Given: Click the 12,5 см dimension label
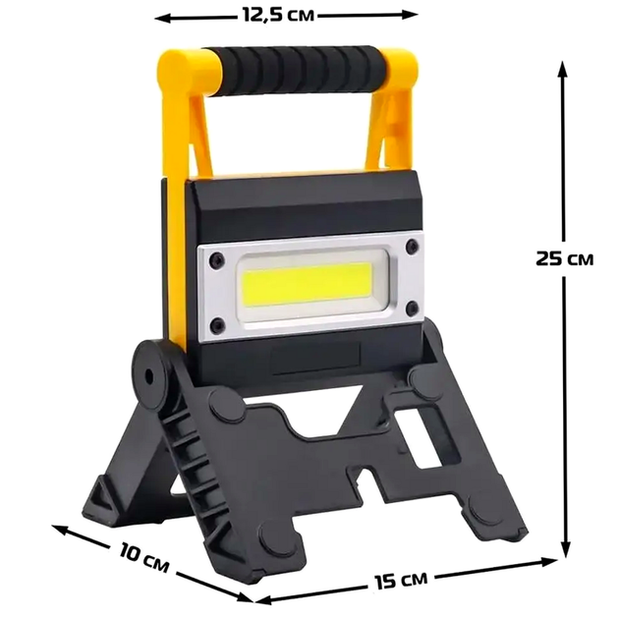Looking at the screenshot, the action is click(x=278, y=15).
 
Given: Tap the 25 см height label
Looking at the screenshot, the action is click(x=564, y=258).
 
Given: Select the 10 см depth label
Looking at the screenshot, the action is click(x=143, y=557).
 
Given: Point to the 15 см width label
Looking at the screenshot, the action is click(x=400, y=580).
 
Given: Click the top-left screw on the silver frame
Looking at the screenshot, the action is click(x=217, y=259).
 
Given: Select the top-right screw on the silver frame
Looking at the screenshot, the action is click(x=412, y=247).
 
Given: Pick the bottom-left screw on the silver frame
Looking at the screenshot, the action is click(x=217, y=324).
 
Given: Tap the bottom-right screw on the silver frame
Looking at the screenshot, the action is click(x=412, y=308).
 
